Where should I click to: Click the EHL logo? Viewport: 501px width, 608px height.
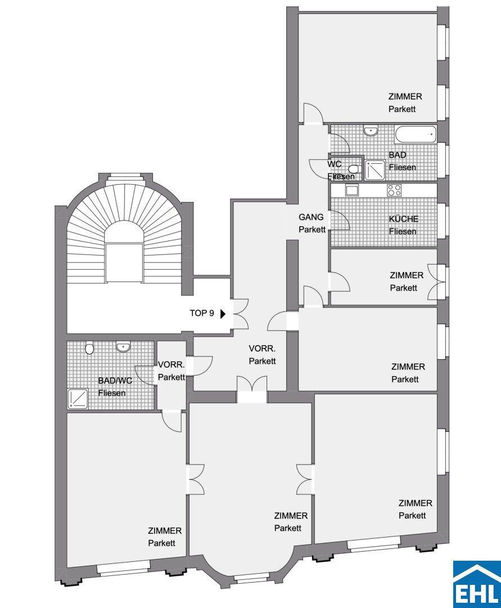click(477, 584)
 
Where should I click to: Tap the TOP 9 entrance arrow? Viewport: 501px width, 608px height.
click(223, 314)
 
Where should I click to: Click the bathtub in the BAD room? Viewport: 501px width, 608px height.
click(415, 134)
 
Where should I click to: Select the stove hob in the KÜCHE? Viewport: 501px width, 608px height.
click(394, 190)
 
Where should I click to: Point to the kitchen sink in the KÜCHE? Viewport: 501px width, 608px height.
click(353, 190)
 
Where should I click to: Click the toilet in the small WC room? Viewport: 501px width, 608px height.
click(354, 169)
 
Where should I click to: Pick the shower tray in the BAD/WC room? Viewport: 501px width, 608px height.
click(78, 399)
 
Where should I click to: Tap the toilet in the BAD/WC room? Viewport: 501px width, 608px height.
click(89, 347)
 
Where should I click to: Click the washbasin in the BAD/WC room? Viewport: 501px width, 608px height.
click(123, 346)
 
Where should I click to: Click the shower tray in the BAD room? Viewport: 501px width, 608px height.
click(375, 171)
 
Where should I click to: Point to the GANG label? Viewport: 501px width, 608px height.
click(311, 217)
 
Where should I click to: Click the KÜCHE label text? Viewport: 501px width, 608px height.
click(403, 218)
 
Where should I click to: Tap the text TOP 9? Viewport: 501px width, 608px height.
click(202, 314)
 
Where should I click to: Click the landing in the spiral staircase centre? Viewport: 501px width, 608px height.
click(124, 262)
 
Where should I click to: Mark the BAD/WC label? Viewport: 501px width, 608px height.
click(115, 381)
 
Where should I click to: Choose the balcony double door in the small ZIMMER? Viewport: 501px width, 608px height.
click(437, 281)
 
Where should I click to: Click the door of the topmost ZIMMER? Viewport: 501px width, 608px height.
click(313, 113)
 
